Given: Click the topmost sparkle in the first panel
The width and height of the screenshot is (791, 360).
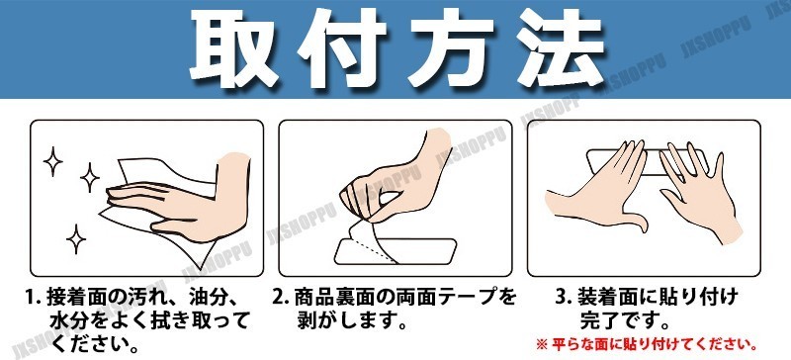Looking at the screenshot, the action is coord(53,161).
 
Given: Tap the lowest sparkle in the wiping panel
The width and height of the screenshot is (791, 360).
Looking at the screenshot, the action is coord(76,239).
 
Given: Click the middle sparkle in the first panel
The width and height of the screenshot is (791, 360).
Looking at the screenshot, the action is coord(90,177).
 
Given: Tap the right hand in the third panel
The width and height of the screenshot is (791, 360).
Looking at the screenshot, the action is coord(700,192).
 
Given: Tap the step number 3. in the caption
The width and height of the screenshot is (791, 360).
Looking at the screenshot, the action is coord(564,296).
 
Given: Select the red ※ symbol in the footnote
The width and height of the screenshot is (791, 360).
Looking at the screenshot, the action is coord(541,345).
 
